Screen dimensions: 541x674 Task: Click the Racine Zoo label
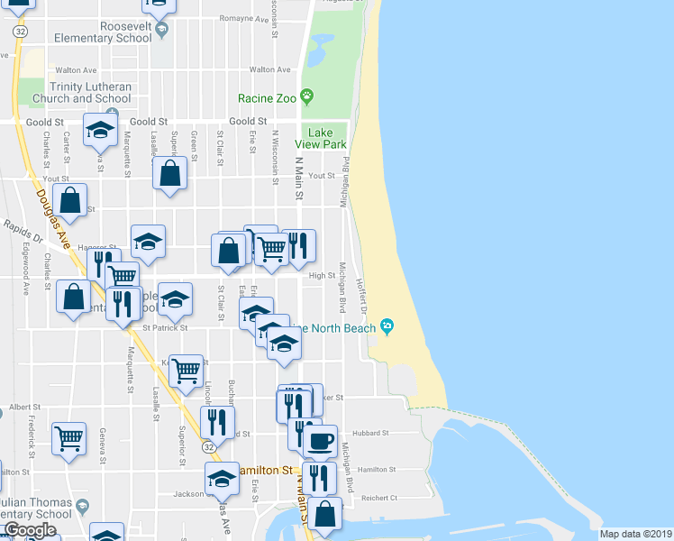pyautogui.click(x=268, y=97)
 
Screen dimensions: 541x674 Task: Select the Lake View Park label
pyautogui.click(x=325, y=138)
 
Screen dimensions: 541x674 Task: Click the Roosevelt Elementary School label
pyautogui.click(x=103, y=32)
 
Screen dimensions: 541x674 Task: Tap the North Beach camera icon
pyautogui.click(x=388, y=326)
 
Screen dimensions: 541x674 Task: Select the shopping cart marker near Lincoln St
pyautogui.click(x=185, y=371)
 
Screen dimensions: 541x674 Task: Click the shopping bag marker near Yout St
pyautogui.click(x=169, y=174)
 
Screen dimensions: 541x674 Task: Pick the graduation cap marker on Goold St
pyautogui.click(x=101, y=132)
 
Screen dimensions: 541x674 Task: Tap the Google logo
pyautogui.click(x=30, y=530)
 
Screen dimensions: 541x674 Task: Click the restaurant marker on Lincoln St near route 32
pyautogui.click(x=217, y=422)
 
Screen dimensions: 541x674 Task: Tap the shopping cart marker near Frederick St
pyautogui.click(x=68, y=439)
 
